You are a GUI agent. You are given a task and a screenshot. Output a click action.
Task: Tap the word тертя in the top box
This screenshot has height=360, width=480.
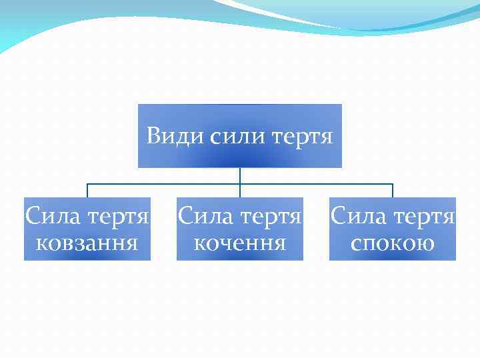point(303,137)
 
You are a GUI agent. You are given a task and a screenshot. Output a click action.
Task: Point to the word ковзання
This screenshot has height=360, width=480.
point(87,242)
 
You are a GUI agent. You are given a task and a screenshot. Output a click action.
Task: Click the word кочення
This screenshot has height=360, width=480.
point(239,242)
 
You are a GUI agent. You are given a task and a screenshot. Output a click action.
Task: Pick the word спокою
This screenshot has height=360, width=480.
point(393,242)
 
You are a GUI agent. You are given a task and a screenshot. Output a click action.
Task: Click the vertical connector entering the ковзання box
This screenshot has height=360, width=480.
point(87,191)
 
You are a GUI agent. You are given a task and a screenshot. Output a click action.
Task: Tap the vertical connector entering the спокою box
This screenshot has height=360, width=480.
point(393,191)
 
